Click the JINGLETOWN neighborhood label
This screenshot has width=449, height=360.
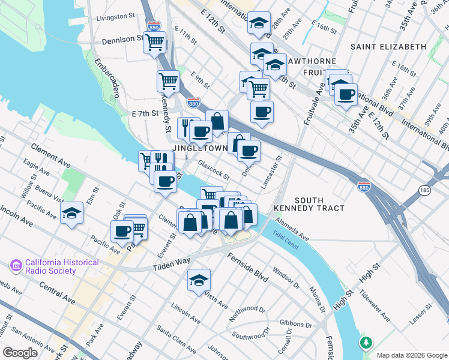tap(200, 148)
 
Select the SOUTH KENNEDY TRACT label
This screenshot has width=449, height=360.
tap(309, 204)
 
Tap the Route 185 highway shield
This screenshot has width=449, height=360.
tap(424, 190)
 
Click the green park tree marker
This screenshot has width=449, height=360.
tap(366, 343)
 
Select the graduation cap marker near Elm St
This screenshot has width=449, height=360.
tap(71, 212)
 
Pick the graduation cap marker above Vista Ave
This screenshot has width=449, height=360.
tap(199, 280)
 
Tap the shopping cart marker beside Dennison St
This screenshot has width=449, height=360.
tap(155, 42)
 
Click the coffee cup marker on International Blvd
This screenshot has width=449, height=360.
tap(345, 94)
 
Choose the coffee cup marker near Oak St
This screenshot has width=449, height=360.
tap(122, 230)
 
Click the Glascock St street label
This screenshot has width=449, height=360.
tap(214, 170)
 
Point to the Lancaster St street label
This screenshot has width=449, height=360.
tap(272, 172)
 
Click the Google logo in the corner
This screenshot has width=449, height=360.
tap(20, 353)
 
